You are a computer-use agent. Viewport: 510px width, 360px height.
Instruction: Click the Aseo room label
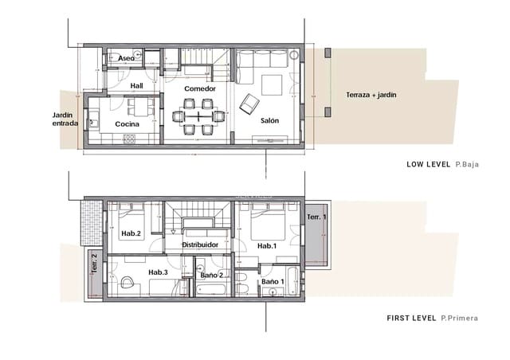click(126, 59)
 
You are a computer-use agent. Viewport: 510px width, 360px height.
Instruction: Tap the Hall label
click(136, 85)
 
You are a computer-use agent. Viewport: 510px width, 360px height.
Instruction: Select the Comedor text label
click(200, 88)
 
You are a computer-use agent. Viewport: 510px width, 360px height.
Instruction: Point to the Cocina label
click(127, 124)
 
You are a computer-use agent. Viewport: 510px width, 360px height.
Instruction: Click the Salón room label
click(270, 121)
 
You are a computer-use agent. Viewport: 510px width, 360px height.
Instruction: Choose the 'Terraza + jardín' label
click(371, 95)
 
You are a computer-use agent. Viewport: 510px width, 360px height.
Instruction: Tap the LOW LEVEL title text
click(429, 165)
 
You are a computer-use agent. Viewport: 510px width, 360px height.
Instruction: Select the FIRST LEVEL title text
click(410, 318)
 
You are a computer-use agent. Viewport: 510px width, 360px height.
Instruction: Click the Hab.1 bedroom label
click(267, 246)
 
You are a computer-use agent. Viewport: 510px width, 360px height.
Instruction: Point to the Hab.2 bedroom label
click(131, 233)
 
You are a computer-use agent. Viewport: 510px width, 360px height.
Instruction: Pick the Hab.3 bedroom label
click(159, 272)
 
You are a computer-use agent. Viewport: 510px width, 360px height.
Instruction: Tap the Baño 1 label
click(271, 281)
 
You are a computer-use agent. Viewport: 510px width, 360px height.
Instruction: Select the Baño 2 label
click(211, 275)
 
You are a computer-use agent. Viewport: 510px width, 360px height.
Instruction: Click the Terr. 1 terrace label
click(316, 217)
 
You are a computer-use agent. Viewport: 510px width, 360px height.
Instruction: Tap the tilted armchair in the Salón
click(251, 102)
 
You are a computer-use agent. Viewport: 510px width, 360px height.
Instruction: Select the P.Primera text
click(461, 318)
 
